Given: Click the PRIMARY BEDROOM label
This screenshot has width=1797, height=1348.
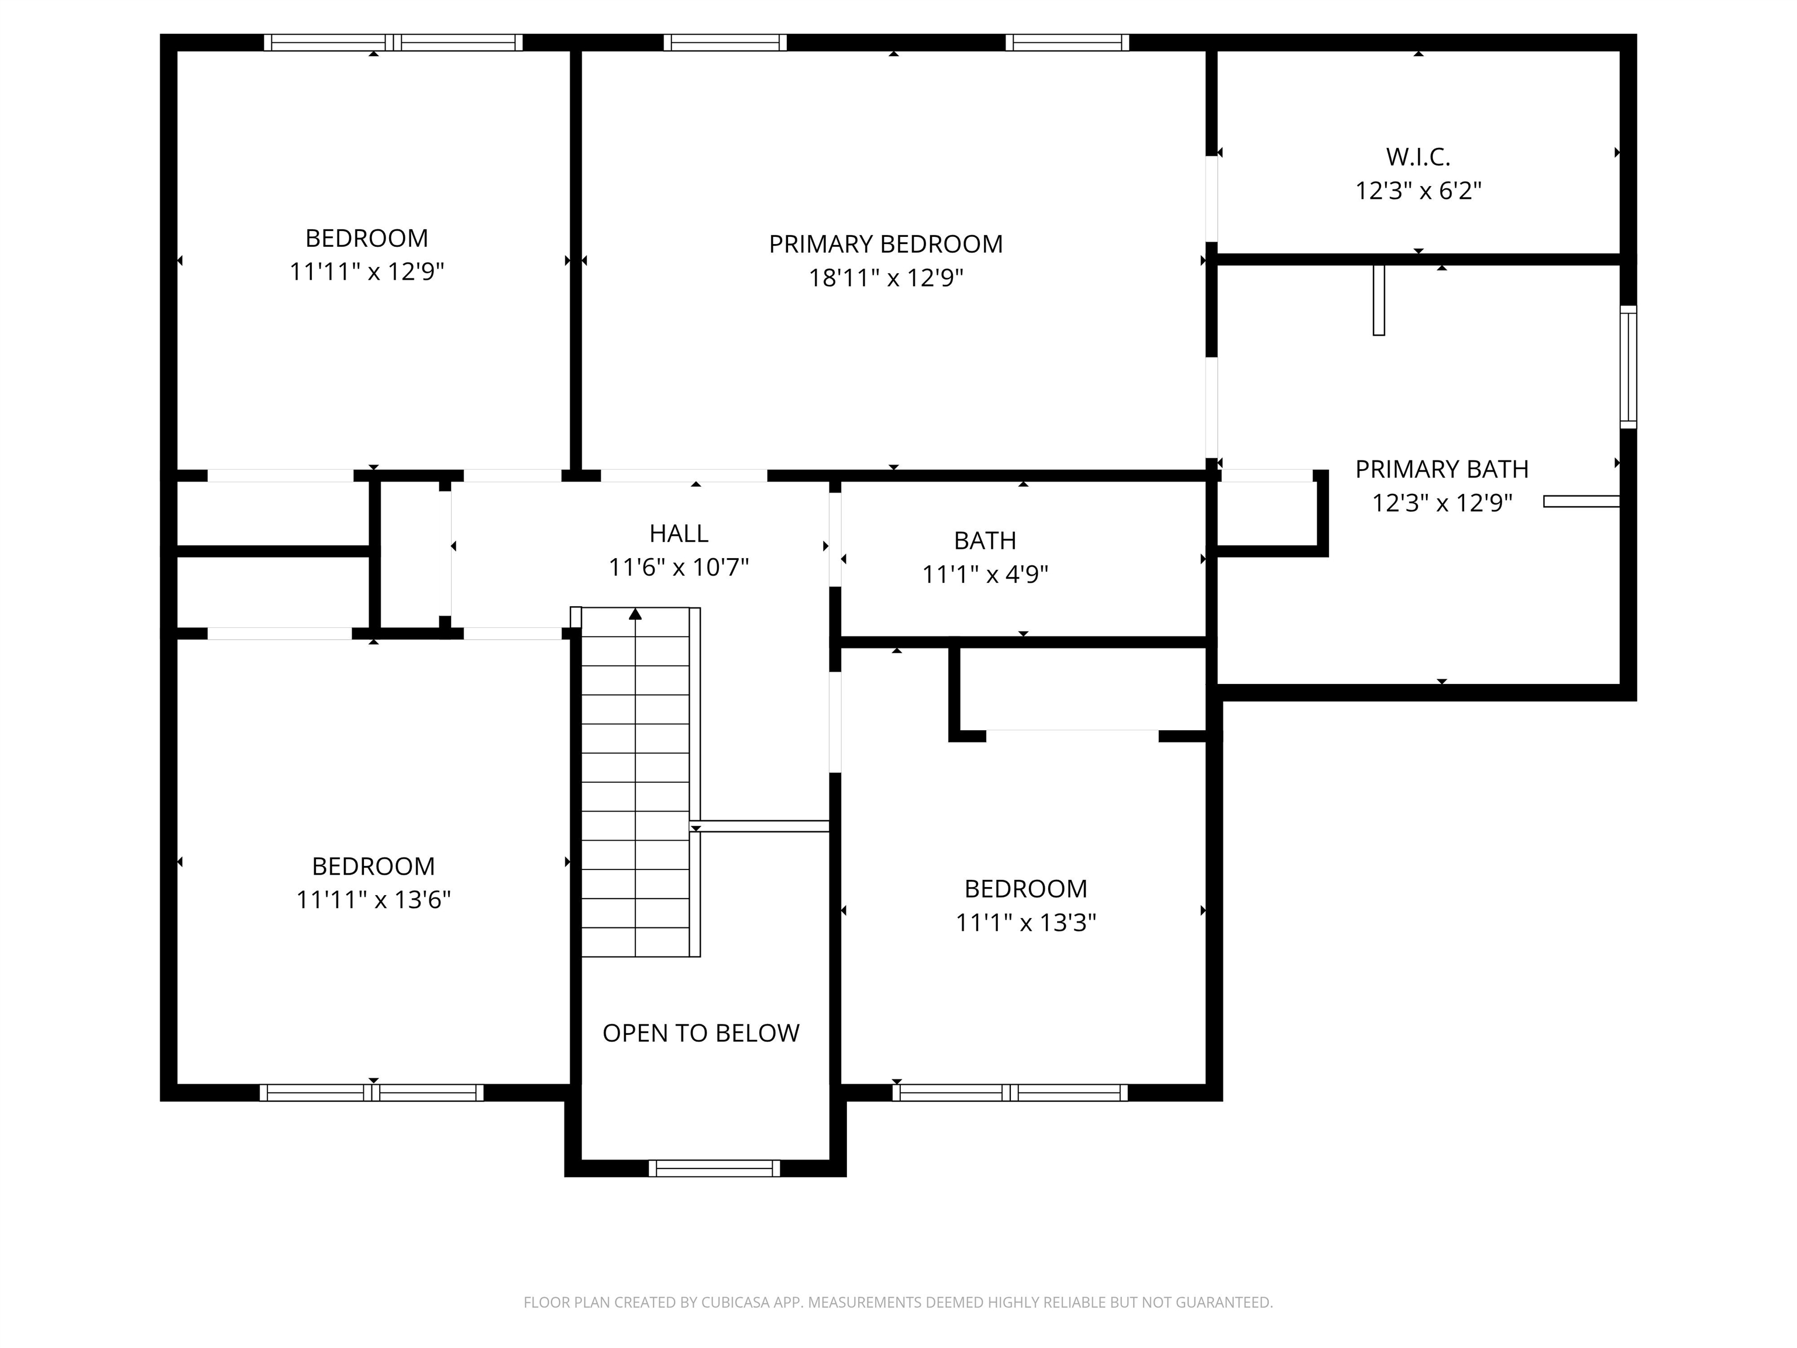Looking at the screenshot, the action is [886, 244].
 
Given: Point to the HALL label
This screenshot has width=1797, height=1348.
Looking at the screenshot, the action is [679, 533].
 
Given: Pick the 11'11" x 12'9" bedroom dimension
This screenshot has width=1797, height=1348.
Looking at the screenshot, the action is [366, 271].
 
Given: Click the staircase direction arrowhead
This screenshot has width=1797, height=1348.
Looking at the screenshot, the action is [635, 614].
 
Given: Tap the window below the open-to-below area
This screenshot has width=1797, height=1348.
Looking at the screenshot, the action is [714, 1168].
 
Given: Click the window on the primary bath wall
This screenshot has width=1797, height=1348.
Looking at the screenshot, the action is [1628, 367].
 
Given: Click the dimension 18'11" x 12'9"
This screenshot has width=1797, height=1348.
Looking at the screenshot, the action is [886, 278].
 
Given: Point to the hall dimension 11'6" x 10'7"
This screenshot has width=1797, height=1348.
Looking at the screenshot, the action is [679, 567].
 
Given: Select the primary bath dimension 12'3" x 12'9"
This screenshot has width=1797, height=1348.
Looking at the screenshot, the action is [1442, 503].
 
